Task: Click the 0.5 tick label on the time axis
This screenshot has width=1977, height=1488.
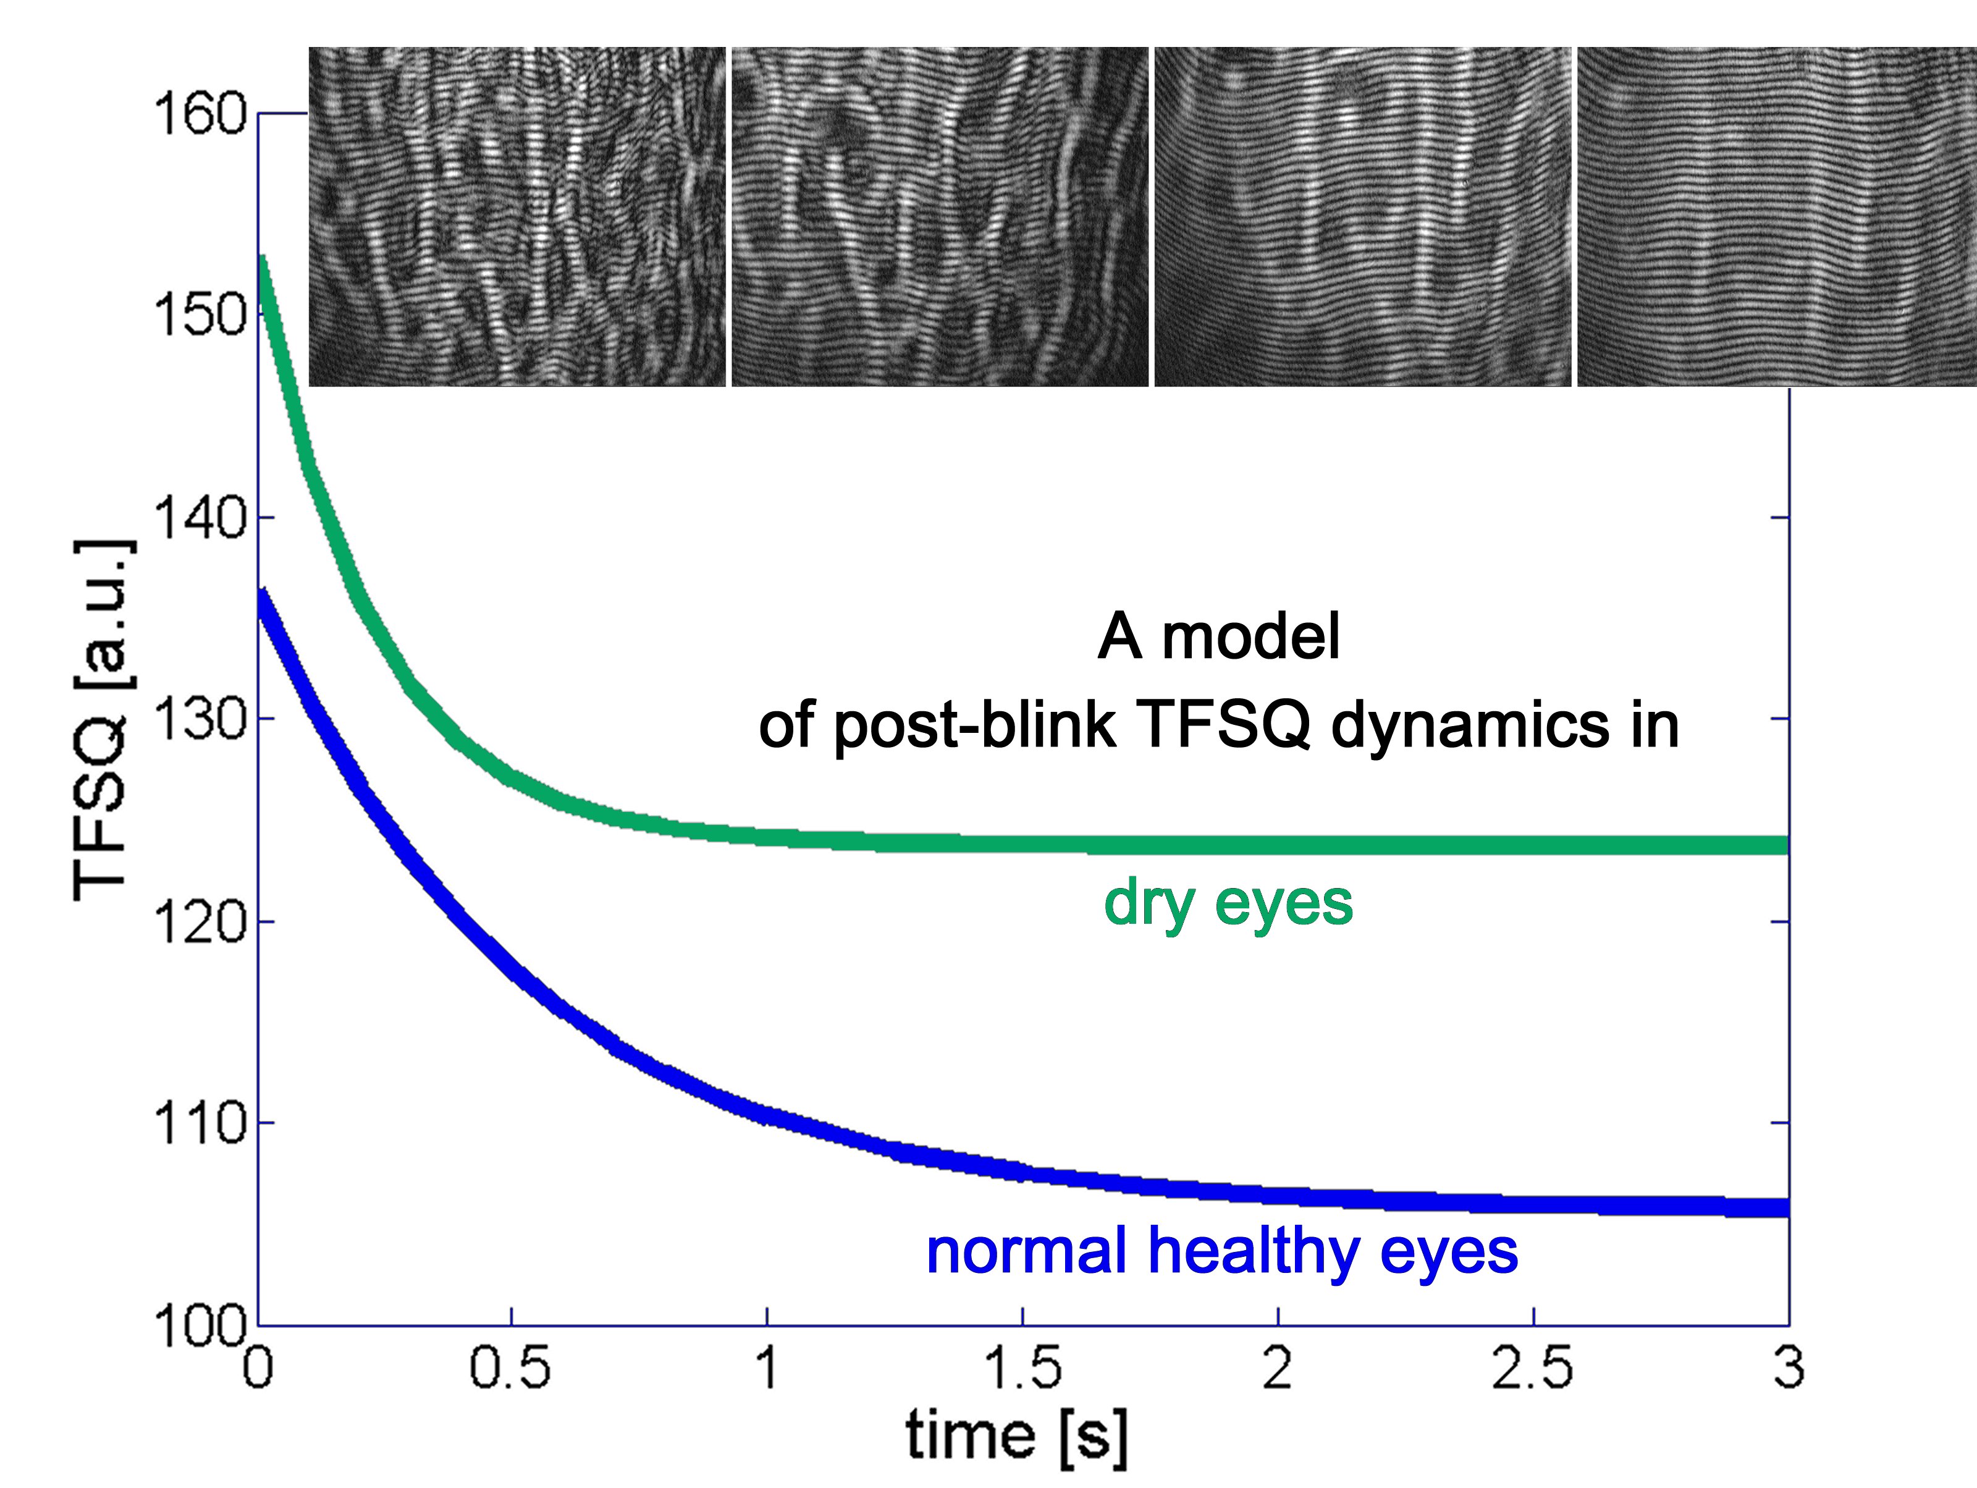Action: [x=510, y=1368]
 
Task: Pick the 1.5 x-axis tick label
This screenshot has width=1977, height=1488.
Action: [x=1022, y=1368]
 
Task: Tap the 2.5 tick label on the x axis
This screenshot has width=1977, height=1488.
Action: [x=1533, y=1368]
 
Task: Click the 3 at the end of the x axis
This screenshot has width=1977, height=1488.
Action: [x=1789, y=1368]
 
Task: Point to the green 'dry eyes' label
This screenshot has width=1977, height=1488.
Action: [x=1228, y=905]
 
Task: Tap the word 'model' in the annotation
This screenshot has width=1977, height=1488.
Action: [x=1250, y=637]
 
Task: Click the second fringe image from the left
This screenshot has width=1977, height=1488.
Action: [x=939, y=216]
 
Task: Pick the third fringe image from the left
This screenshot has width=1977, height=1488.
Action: [x=1362, y=216]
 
